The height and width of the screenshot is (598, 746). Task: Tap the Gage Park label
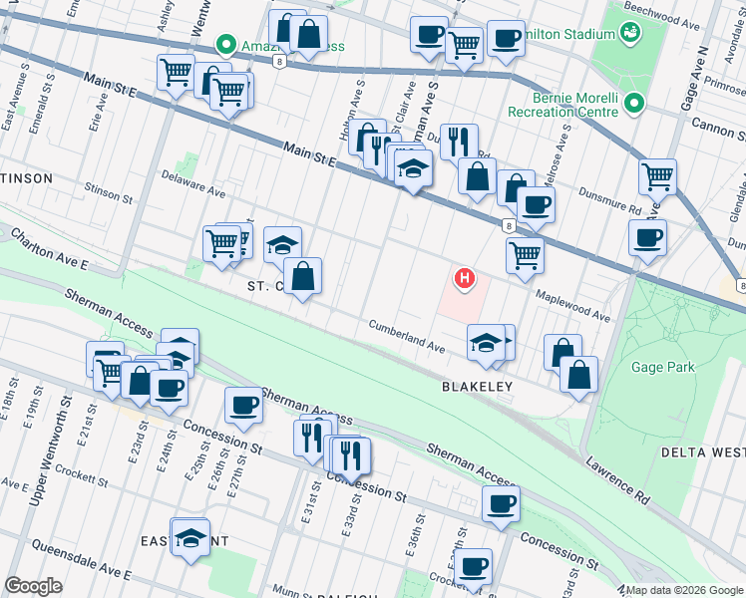[x=661, y=367]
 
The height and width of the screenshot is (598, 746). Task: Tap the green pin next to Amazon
[x=226, y=46]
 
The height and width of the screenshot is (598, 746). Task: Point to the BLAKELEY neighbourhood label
[x=477, y=386]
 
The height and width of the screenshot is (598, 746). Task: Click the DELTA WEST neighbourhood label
[x=703, y=452]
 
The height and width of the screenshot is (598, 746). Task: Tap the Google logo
[x=33, y=586]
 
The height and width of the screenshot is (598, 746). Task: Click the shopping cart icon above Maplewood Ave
[x=525, y=254]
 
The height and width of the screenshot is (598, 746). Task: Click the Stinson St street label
[x=109, y=192]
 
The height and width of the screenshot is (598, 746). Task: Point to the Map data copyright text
[x=683, y=590]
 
